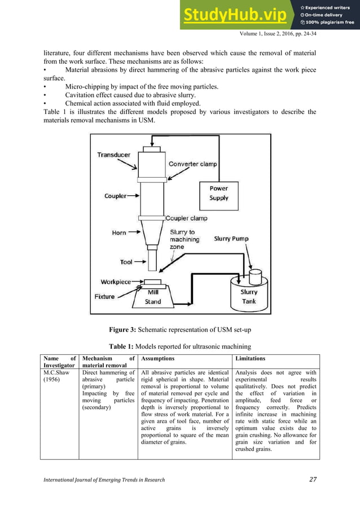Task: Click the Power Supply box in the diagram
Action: coord(219,194)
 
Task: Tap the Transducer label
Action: coord(114,155)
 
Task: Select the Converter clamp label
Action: coord(192,164)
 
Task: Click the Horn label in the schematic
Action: coord(119,232)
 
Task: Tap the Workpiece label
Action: coord(116,282)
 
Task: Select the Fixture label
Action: coord(104,296)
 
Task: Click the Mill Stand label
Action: coord(153,297)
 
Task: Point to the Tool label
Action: coord(126,262)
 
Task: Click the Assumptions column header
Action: coord(157,358)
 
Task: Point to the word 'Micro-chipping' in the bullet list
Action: coord(87,86)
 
